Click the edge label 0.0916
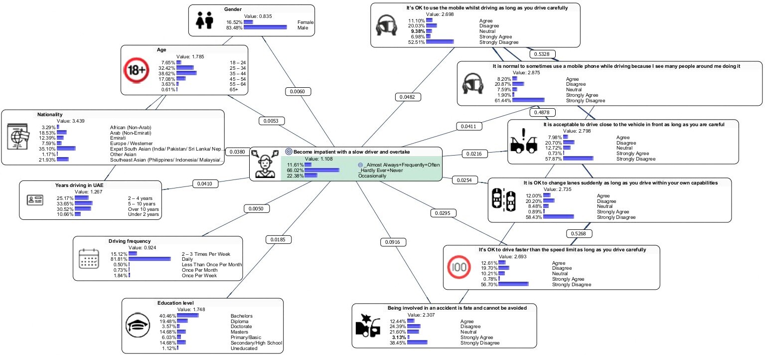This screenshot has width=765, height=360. coord(393,242)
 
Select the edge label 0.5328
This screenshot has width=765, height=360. coord(542,54)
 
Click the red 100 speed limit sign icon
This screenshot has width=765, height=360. coord(458,267)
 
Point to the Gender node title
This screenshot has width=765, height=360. coord(233,9)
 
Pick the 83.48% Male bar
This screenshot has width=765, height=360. coord(265,28)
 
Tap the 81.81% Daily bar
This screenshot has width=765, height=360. coord(150,259)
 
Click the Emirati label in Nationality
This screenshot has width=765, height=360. coord(118,138)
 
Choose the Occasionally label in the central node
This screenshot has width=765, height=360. coord(371,176)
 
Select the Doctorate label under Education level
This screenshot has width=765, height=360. coord(242,327)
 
